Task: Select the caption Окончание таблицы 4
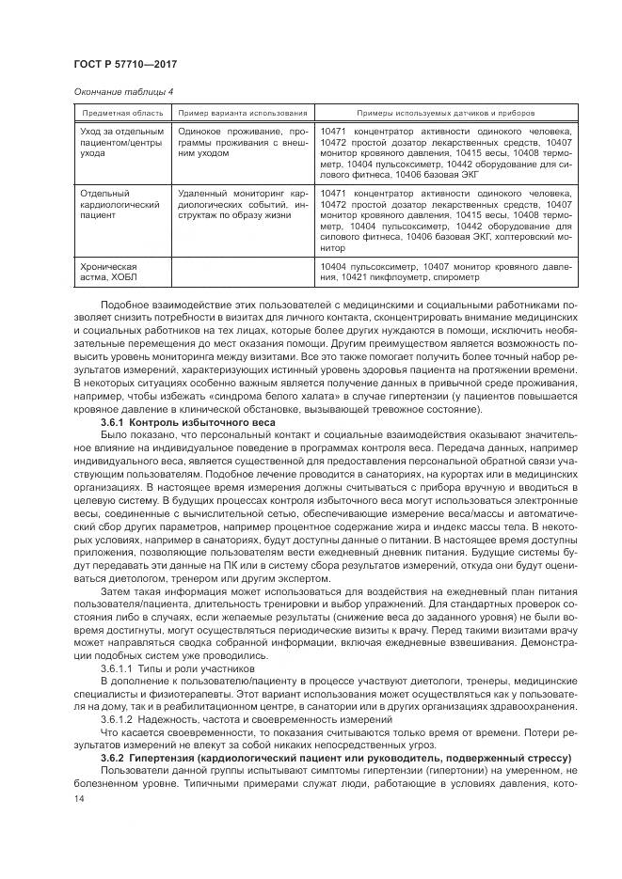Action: (x=122, y=92)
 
